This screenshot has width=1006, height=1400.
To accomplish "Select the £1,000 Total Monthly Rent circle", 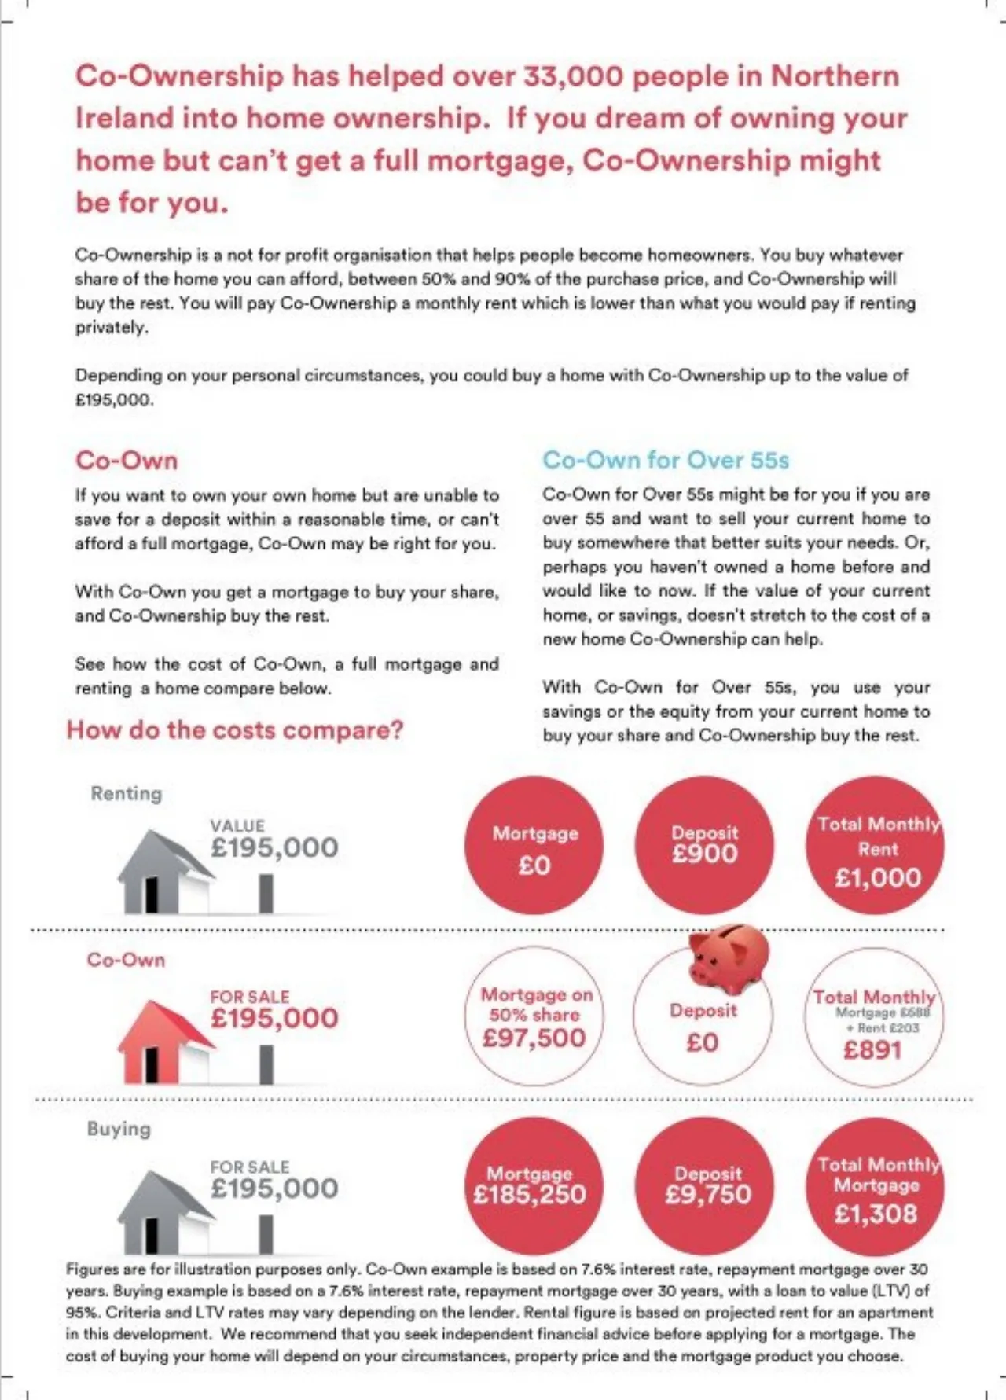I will click(876, 846).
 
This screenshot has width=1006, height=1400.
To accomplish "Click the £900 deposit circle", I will click(705, 846).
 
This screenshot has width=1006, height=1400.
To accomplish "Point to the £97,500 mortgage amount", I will click(534, 1038).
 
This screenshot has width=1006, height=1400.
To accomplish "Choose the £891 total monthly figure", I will click(872, 1050).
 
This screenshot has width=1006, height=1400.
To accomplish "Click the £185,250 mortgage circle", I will click(534, 1185).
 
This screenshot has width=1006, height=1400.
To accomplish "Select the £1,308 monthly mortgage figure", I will click(876, 1214).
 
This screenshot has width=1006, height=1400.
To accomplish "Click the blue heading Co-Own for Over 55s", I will click(665, 460).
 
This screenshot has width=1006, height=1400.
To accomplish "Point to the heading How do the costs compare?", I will click(234, 730).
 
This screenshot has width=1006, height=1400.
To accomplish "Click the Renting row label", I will click(127, 793).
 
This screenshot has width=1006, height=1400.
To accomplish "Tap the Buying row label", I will click(119, 1129).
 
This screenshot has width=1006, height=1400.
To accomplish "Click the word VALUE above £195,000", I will click(237, 825).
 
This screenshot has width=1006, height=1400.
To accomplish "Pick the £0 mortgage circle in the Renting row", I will click(534, 846).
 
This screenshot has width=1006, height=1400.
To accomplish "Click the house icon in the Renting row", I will click(165, 873).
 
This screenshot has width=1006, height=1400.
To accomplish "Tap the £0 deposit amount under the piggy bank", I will click(703, 1043).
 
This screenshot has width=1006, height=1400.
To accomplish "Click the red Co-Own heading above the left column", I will click(127, 460).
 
